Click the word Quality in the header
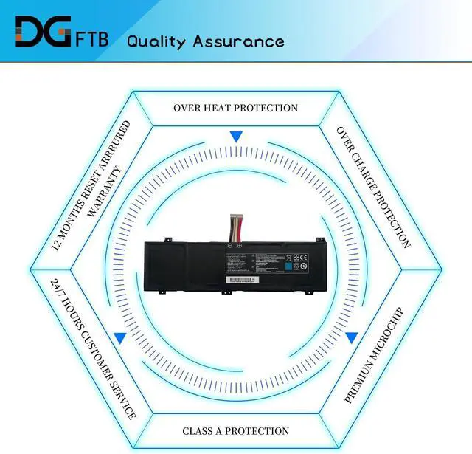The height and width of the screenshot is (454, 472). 156,41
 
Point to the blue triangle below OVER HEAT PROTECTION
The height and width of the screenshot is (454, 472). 235,137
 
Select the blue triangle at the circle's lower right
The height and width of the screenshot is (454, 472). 352,338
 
